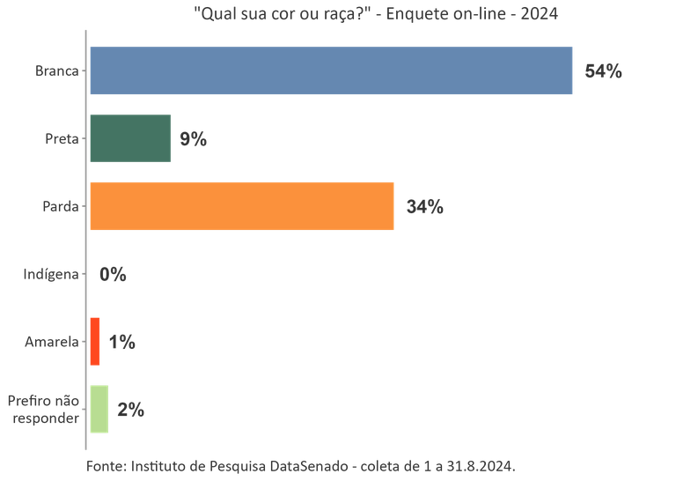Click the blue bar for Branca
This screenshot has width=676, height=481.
tap(331, 71)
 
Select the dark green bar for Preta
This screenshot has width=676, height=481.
tap(130, 138)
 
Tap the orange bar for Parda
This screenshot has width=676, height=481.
tap(242, 207)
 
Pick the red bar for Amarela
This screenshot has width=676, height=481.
tap(95, 342)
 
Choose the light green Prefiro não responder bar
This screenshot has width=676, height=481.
tap(99, 410)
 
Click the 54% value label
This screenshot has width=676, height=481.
tap(603, 72)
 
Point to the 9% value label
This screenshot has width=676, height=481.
tap(193, 139)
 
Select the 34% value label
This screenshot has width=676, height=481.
tap(425, 208)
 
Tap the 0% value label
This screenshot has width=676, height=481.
tap(113, 275)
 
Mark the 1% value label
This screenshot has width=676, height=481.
tap(121, 343)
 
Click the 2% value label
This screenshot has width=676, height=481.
tap(130, 410)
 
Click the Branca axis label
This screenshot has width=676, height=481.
tap(55, 71)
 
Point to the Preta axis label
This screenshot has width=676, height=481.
tap(61, 139)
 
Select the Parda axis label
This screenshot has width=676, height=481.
tap(60, 207)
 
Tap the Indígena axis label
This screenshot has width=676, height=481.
tap(50, 275)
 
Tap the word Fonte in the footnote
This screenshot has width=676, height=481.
tap(107, 464)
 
